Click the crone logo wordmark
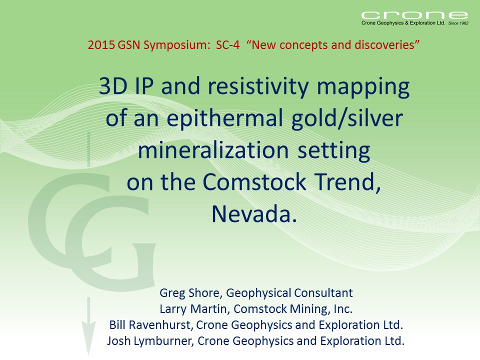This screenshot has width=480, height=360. coord(414,15)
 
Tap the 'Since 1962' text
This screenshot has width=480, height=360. coord(458,23)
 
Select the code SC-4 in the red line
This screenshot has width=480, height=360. coord(228,45)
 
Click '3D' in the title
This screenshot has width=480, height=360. coord(113,86)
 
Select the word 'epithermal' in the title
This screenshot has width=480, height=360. coord(224,119)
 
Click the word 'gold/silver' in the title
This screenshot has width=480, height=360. coord(347,119)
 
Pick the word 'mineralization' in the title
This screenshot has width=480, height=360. coord(213,150)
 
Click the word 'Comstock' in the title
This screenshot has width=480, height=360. coord(254,182)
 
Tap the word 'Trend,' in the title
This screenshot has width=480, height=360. coord(348,182)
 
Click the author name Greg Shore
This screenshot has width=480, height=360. coord(189,293)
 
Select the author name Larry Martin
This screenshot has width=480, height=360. coord(192,309)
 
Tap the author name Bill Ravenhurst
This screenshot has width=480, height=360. coord(149,325)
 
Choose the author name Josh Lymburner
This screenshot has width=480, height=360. coord(149,341)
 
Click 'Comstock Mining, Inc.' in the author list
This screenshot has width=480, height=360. coord(293,309)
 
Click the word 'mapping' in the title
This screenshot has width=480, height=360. coord(363,87)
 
